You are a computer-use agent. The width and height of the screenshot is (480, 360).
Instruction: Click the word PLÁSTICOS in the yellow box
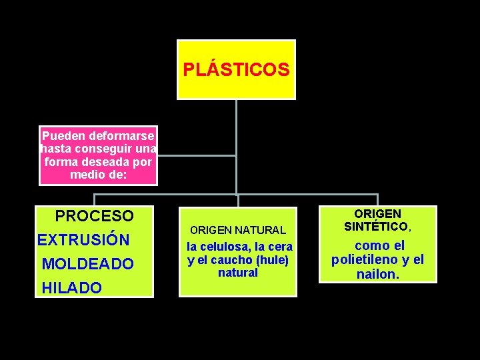point(236,69)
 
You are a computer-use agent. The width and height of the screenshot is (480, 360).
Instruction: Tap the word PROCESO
point(94,216)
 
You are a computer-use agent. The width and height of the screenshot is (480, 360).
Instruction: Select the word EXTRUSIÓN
point(83,240)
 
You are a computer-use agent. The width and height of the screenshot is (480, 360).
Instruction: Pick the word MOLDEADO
point(88,264)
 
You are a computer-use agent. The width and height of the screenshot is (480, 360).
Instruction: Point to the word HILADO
point(72,288)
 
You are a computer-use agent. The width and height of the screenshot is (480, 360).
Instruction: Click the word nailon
point(379,273)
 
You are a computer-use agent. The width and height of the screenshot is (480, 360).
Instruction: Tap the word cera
point(281,247)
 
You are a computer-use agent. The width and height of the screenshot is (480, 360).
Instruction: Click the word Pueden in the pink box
point(61,135)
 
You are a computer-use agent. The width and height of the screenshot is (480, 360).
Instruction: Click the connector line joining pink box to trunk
point(197,156)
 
